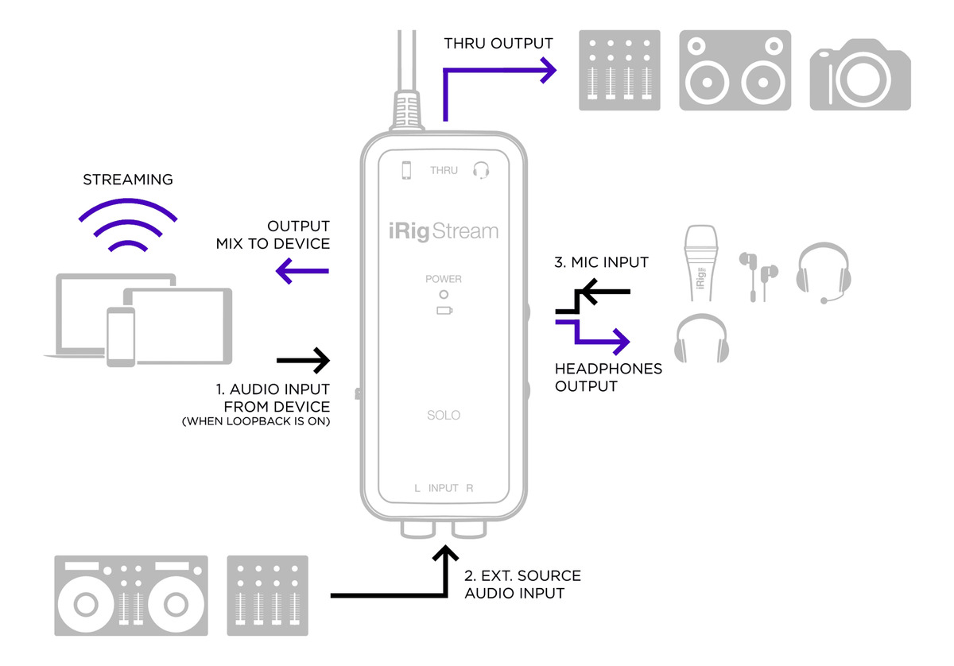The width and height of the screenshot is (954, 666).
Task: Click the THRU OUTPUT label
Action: (498, 42)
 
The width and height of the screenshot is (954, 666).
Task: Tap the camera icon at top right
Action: (860, 71)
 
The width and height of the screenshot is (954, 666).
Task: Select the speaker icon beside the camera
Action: (735, 71)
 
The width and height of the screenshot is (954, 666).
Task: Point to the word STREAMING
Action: (128, 180)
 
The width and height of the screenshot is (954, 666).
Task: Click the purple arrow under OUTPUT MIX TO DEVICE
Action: (302, 273)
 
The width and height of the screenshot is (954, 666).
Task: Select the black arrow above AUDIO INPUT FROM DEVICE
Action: (303, 361)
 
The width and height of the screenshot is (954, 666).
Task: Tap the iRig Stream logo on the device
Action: (443, 231)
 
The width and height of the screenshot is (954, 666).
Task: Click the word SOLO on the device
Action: (443, 415)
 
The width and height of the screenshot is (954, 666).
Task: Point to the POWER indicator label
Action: (443, 279)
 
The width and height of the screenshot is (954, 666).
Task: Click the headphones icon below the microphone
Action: (700, 340)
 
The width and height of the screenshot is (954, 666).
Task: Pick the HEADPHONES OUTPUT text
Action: (608, 378)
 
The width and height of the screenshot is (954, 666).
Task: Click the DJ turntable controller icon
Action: (131, 595)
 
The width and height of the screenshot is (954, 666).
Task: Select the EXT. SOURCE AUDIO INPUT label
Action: (522, 584)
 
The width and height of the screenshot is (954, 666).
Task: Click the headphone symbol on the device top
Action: (480, 169)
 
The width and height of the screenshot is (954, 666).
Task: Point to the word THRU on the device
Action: (444, 170)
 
